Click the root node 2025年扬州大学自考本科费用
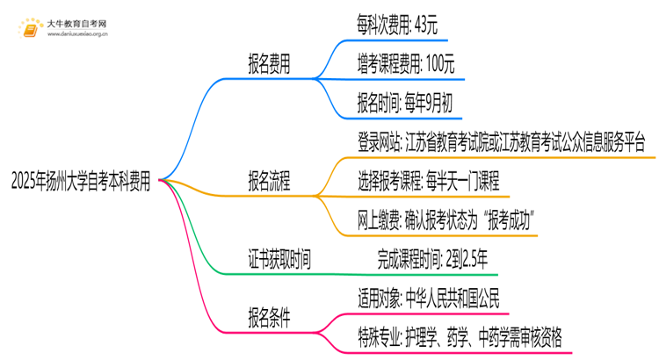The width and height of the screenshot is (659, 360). coord(80,183)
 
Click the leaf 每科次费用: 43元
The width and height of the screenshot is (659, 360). coord(402,25)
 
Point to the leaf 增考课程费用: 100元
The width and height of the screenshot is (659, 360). coord(405,64)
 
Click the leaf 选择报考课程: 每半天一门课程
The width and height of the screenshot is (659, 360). coord(428,182)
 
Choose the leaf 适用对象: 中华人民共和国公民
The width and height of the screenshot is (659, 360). coord(429,299)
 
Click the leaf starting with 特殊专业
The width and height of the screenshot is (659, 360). coord(460,338)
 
